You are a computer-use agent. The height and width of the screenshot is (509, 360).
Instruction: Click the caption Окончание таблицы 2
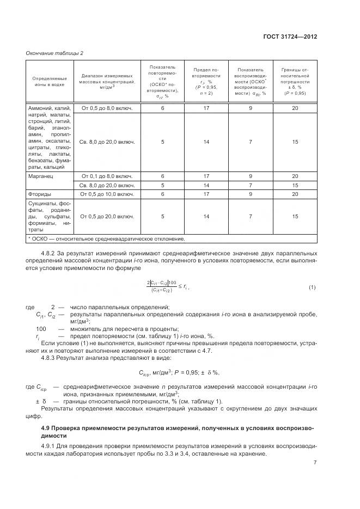pyautogui.click(x=55, y=53)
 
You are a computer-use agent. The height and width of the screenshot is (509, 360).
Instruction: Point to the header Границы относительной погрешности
pyautogui.click(x=295, y=81)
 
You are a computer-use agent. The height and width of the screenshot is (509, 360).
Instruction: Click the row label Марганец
pyautogui.click(x=40, y=176)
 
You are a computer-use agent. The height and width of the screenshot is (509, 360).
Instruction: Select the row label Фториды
pyautogui.click(x=40, y=194)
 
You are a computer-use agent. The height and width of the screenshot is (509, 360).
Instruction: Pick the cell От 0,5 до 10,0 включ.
pyautogui.click(x=107, y=194)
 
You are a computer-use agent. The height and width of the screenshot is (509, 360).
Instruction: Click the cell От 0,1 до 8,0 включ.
pyautogui.click(x=107, y=176)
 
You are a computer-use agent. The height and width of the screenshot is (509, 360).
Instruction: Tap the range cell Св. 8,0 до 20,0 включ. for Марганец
pyautogui.click(x=107, y=185)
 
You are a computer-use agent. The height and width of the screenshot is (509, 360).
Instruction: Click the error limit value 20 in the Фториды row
pyautogui.click(x=295, y=194)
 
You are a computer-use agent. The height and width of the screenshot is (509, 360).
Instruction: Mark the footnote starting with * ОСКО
pyautogui.click(x=106, y=238)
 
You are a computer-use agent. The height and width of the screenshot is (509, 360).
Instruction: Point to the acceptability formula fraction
pyautogui.click(x=162, y=287)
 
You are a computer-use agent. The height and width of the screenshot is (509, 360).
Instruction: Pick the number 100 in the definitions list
pyautogui.click(x=41, y=329)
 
